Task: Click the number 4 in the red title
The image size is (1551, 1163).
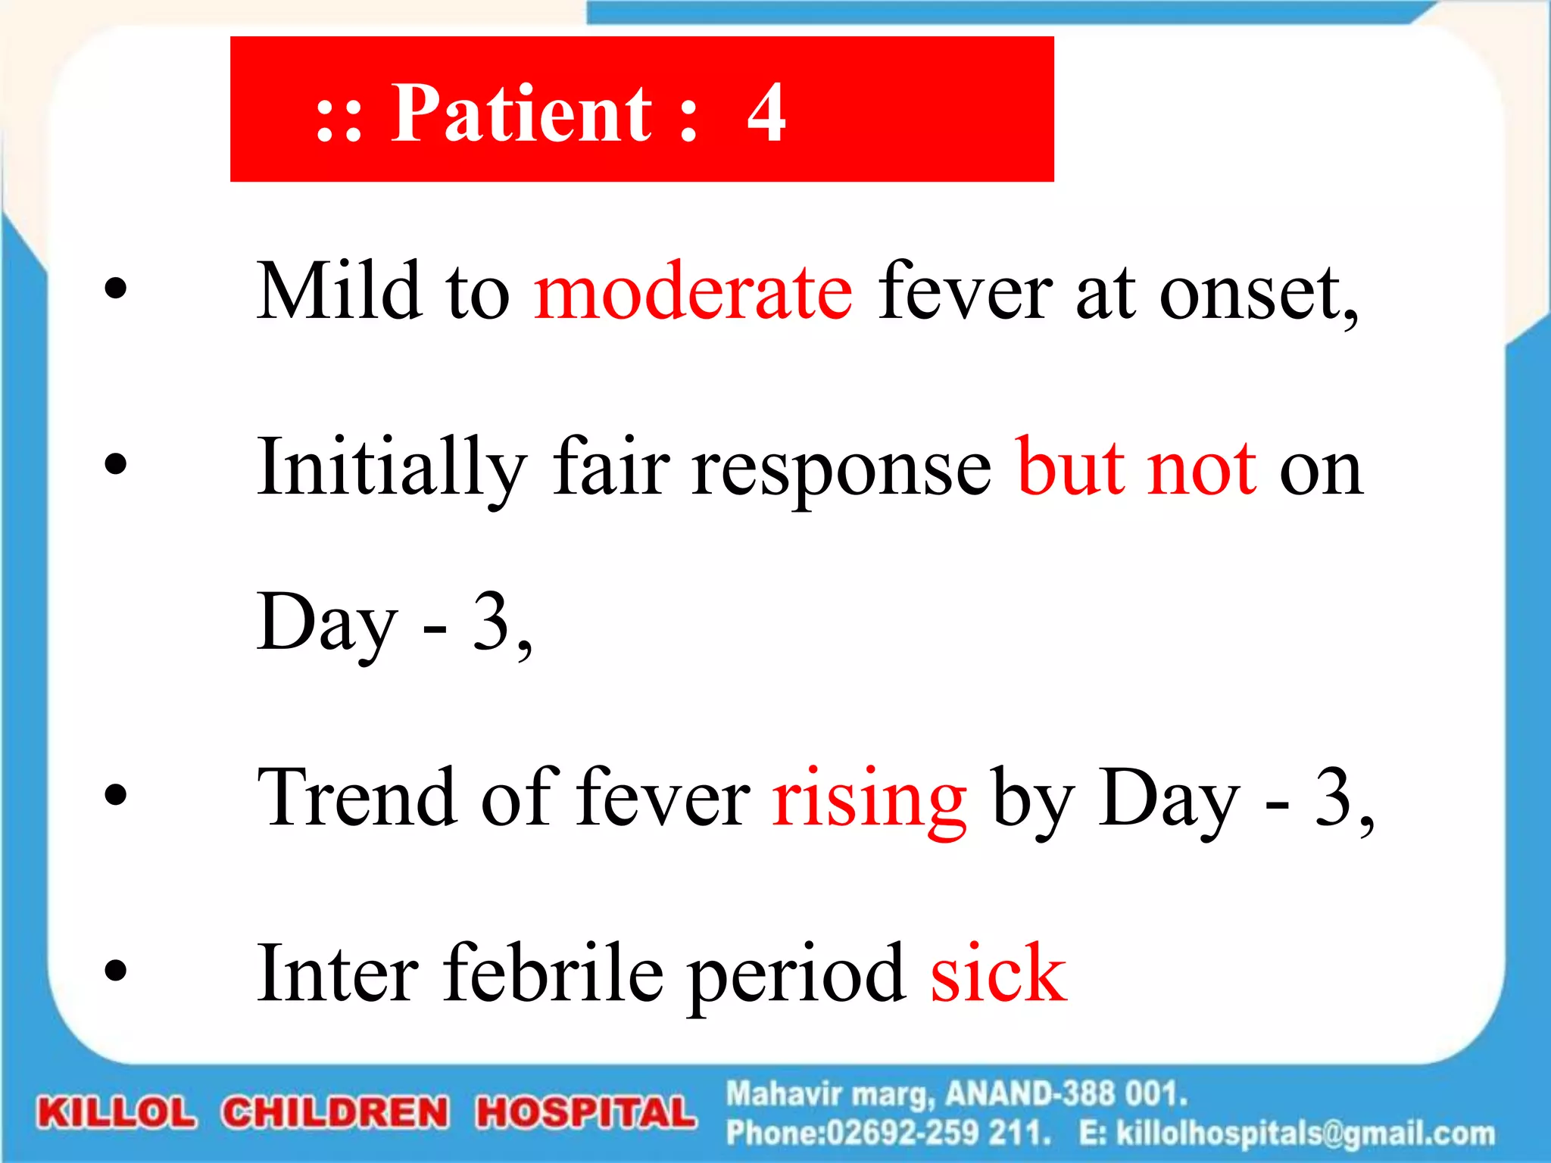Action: pos(766,114)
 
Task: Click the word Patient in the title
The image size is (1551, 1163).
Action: pos(521,114)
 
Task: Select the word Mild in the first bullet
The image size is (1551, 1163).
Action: pos(339,292)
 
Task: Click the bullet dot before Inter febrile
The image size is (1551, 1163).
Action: pos(116,970)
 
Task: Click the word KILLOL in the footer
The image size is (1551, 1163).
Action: pos(117,1113)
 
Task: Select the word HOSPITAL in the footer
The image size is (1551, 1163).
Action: pos(585,1113)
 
